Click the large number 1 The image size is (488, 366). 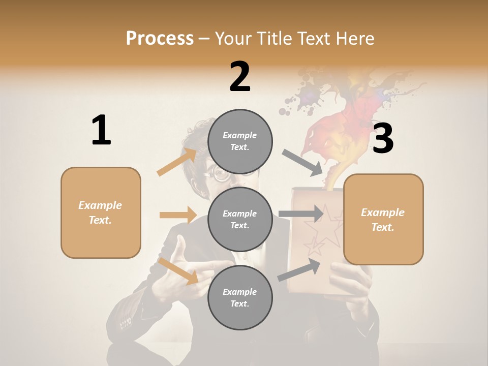(101, 130)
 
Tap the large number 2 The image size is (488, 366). (240, 77)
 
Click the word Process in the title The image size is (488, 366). (160, 38)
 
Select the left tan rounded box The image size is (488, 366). (101, 212)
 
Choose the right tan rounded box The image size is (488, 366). (383, 219)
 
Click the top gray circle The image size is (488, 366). (240, 141)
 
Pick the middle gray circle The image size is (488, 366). (240, 219)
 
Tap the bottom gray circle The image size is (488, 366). (240, 297)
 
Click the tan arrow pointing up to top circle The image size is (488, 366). (177, 162)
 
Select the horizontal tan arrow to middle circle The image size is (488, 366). (178, 215)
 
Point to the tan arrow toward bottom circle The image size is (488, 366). (178, 270)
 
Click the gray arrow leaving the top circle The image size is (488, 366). (302, 162)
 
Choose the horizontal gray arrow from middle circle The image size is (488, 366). (301, 214)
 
